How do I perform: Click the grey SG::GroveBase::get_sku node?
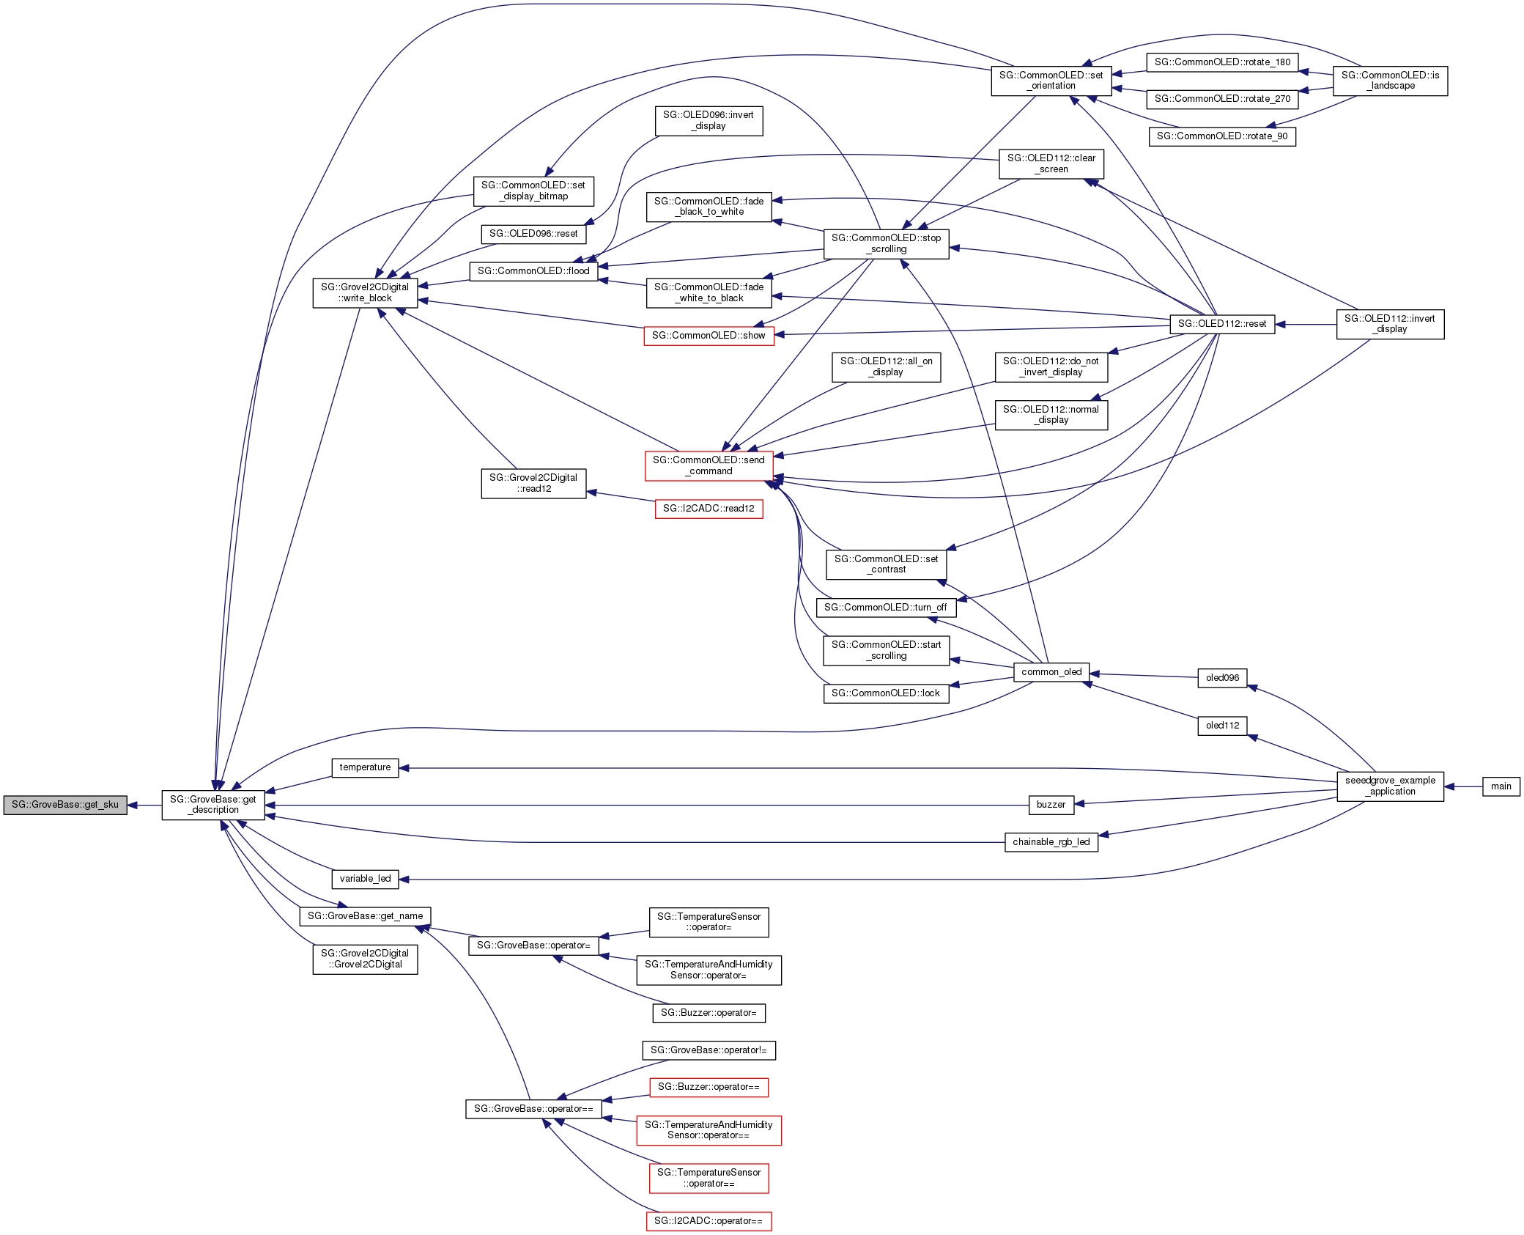point(65,805)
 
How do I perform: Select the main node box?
point(1501,786)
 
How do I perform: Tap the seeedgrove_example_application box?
point(1390,786)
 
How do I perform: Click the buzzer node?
point(1051,805)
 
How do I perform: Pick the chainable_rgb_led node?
point(1051,842)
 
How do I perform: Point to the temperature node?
point(365,767)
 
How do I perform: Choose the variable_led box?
point(365,879)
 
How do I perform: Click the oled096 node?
point(1222,678)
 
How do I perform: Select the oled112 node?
point(1222,726)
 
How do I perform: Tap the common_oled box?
point(1051,672)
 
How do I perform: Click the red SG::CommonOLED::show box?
point(709,336)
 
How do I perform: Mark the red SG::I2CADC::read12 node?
point(709,509)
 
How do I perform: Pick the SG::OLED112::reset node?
point(1222,324)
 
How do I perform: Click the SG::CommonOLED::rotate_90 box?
point(1222,136)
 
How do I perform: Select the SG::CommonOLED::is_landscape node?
point(1390,81)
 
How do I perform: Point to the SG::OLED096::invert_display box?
point(709,121)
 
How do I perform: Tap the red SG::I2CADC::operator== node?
point(709,1221)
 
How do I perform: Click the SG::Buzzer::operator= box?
point(709,1013)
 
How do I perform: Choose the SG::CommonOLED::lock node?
point(886,693)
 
